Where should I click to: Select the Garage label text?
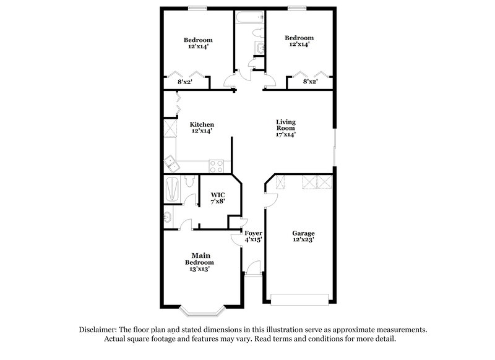[x=303, y=233]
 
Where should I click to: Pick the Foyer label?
[x=254, y=233]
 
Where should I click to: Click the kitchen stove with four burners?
[x=217, y=166]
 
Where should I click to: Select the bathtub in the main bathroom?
[x=173, y=188]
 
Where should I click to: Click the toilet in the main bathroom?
[x=190, y=181]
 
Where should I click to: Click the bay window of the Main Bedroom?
[x=201, y=307]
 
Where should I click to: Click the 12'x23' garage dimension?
[x=303, y=240]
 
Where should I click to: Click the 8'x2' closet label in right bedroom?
[x=310, y=81]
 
